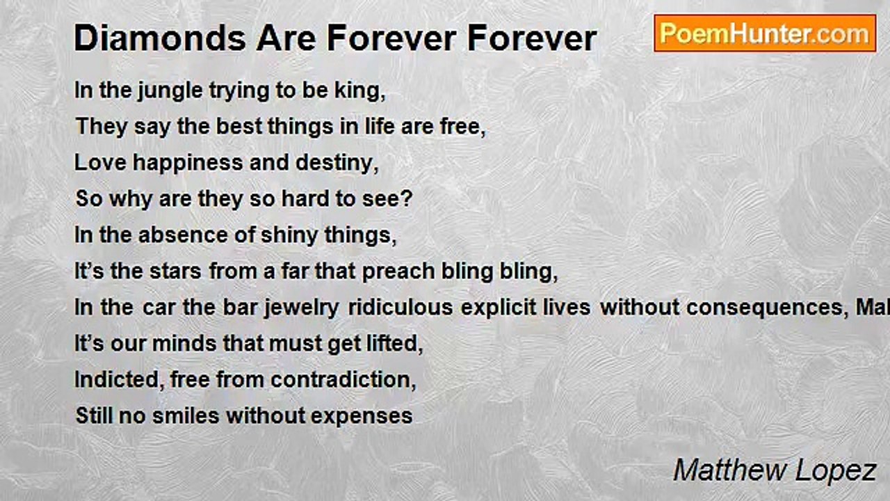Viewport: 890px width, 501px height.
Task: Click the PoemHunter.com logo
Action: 765,33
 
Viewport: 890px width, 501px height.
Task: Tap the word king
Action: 359,91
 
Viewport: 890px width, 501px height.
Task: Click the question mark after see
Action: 407,199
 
